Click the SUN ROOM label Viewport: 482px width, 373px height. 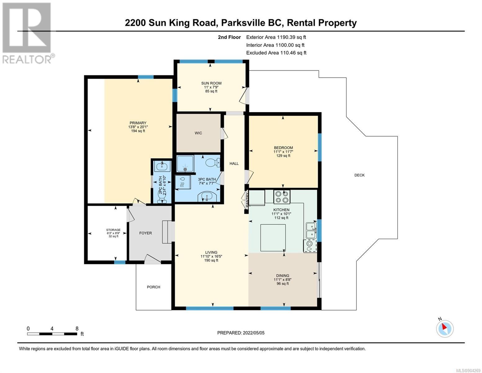pos(211,83)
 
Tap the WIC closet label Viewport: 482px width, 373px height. pos(198,133)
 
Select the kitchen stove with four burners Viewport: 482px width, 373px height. pos(282,197)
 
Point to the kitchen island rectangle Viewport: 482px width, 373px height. pos(273,238)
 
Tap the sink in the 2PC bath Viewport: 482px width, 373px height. pos(162,166)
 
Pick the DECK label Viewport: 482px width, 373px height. pos(359,175)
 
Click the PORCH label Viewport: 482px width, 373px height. pos(154,287)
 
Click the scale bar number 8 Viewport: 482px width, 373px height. pos(77,329)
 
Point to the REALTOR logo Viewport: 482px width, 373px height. pos(27,33)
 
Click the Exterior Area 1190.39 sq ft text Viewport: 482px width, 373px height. pos(276,37)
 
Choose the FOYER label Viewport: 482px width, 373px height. pos(146,233)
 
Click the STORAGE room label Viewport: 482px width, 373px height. pos(113,230)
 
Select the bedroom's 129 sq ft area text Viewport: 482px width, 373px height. pos(283,156)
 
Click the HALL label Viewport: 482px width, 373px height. pos(234,163)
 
